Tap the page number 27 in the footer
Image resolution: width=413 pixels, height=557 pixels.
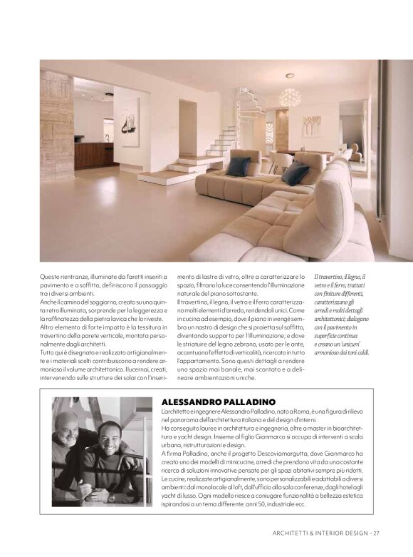pos(376,532)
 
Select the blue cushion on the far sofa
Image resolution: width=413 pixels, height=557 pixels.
pos(238,165)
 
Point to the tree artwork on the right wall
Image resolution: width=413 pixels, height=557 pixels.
pos(311,126)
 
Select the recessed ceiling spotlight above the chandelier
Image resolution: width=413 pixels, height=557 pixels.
pos(289,75)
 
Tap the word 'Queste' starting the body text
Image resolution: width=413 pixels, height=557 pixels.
pos(51,276)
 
